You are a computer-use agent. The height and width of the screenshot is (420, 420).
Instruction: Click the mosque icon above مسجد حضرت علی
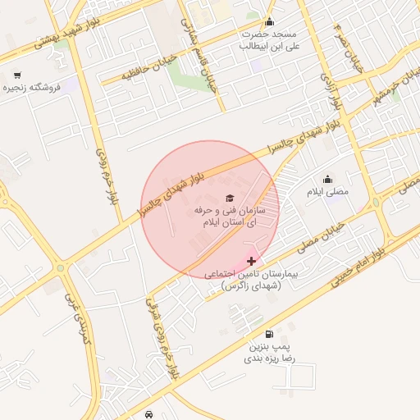click(269, 21)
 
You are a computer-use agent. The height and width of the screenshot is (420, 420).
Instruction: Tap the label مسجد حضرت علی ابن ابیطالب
click(267, 40)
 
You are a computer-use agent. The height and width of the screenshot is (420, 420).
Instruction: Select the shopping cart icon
click(17, 75)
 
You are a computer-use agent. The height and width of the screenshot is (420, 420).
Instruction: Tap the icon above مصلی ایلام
click(328, 179)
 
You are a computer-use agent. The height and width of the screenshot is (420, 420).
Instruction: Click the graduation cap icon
click(230, 198)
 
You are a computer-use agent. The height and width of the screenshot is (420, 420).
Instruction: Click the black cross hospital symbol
click(251, 261)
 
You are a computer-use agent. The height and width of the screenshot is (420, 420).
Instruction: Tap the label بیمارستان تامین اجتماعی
click(251, 279)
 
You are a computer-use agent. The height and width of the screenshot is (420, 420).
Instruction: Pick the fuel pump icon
click(270, 335)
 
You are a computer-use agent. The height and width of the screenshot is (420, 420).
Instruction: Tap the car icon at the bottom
click(148, 414)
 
